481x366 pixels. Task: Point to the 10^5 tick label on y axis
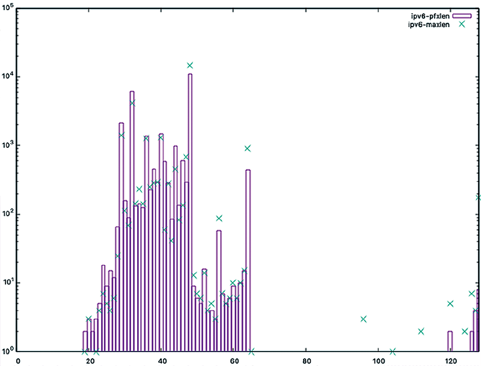tap(8, 8)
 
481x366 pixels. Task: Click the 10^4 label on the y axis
tap(8, 77)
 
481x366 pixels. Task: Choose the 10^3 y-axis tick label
tap(8, 145)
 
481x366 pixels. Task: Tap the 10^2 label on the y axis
tap(8, 215)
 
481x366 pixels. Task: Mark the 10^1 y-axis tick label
tap(8, 283)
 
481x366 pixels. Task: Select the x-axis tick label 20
tap(90, 361)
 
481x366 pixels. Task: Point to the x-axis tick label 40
tap(162, 361)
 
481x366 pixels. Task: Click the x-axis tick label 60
tap(234, 361)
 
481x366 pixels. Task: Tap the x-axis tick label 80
tap(306, 361)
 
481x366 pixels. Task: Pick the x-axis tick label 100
tap(378, 361)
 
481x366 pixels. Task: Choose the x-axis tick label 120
tap(450, 361)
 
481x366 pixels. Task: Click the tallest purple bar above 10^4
tap(190, 210)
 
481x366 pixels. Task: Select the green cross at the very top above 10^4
tap(190, 65)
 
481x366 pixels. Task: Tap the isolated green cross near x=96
tap(364, 319)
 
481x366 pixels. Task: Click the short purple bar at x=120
tap(450, 341)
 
